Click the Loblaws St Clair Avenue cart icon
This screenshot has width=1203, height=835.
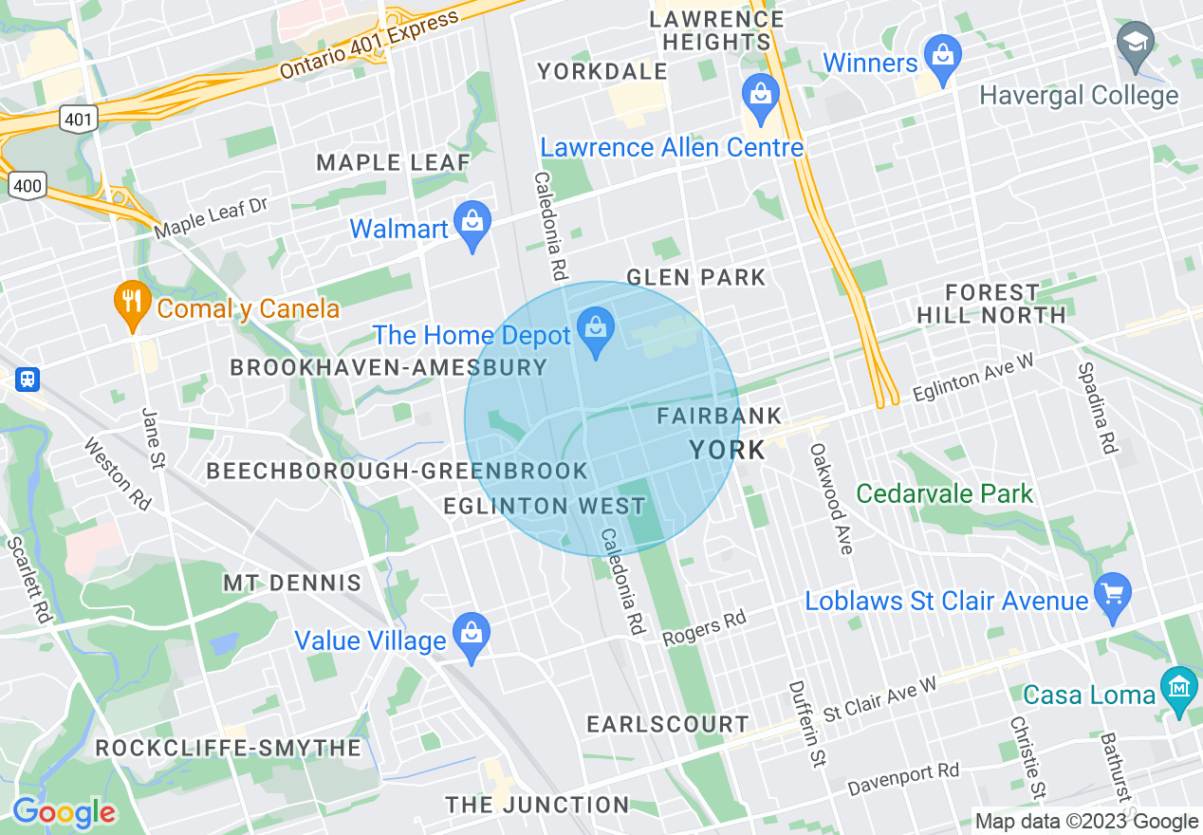(1114, 594)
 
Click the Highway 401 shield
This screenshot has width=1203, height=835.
(76, 119)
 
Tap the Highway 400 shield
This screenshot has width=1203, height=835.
(27, 185)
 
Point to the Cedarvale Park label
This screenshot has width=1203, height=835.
(944, 493)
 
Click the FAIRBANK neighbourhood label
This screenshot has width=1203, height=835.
(719, 416)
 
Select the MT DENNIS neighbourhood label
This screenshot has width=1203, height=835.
(292, 583)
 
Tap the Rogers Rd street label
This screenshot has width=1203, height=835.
(704, 627)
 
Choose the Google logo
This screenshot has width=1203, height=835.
(64, 812)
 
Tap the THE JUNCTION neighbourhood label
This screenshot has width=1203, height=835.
(537, 805)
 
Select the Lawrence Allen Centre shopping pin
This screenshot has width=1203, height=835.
(761, 97)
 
